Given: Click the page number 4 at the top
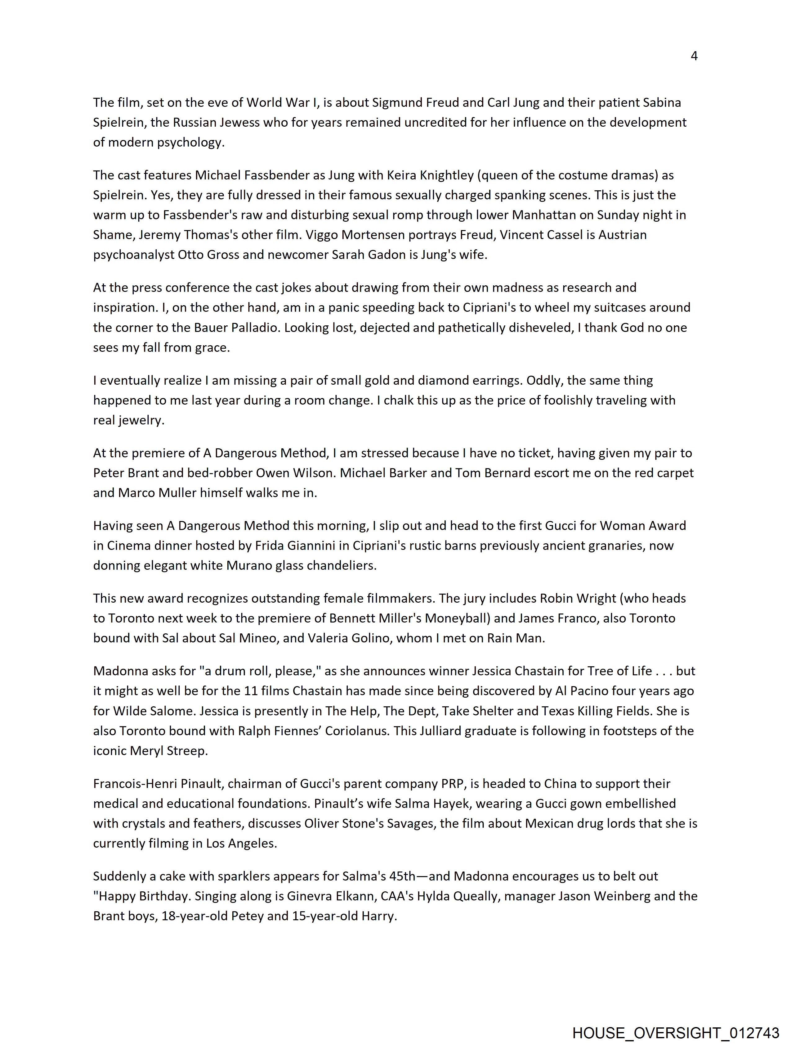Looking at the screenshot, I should [x=694, y=56].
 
